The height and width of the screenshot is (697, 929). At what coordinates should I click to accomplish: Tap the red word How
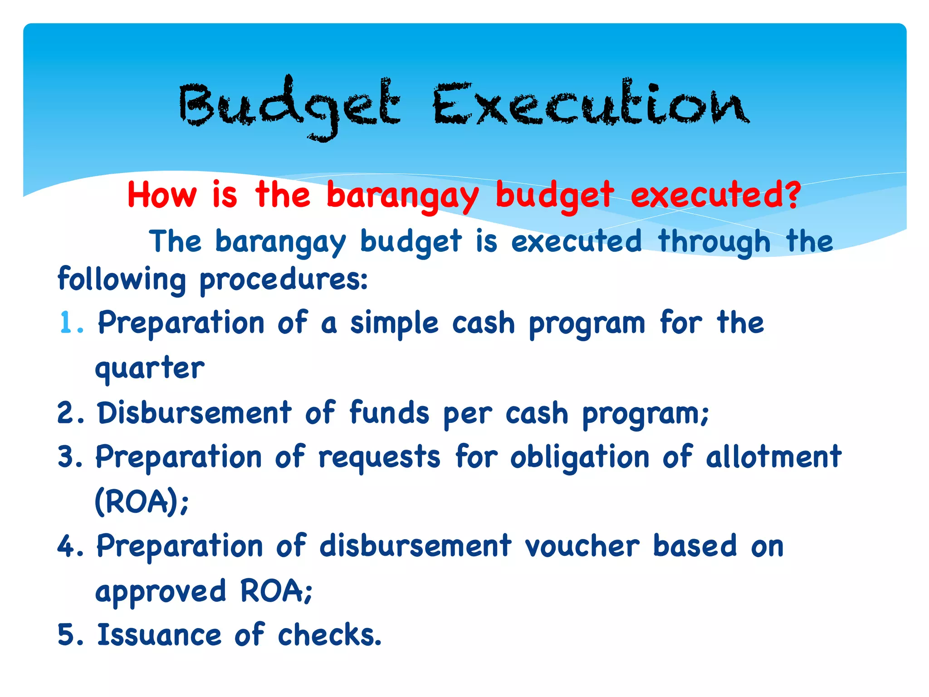[162, 195]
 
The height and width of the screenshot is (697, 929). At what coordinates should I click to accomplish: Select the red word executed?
[715, 195]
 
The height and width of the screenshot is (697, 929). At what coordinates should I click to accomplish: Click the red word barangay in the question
[402, 196]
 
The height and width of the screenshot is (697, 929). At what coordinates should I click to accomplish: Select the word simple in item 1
[394, 324]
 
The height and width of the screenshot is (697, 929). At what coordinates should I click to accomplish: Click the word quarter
[150, 368]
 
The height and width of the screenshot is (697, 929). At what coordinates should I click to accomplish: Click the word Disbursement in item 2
[195, 413]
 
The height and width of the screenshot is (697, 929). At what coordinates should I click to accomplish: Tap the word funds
[389, 413]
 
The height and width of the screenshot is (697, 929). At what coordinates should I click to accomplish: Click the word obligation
[580, 457]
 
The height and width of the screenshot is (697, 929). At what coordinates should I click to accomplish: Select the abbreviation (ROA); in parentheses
[141, 502]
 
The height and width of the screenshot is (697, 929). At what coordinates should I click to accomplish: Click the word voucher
[582, 546]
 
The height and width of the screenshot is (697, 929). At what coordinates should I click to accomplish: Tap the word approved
[161, 591]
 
